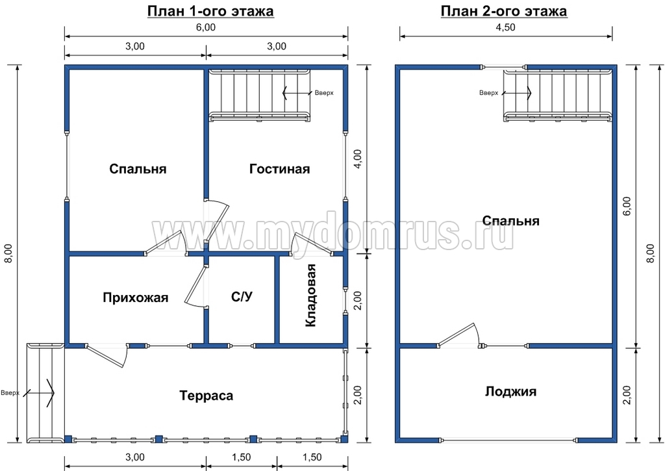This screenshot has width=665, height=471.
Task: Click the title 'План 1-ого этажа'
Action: coord(210,11)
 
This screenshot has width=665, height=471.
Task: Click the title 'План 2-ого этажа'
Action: coord(504,11)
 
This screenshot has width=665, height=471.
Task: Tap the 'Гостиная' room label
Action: coord(279,169)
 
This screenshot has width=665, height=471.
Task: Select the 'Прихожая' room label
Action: coord(135,298)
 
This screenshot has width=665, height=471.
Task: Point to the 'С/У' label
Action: coord(242,297)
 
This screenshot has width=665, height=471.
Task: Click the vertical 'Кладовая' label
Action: coord(311,296)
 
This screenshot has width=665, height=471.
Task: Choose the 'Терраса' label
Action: coord(206,396)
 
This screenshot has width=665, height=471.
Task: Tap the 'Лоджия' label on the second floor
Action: coord(510,391)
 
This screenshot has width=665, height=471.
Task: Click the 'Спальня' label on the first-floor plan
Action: coord(138,169)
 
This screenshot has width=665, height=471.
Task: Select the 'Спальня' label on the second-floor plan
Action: coord(510,221)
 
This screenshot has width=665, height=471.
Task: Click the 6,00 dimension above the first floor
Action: coord(206,27)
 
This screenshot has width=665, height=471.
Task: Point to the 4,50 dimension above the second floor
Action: coord(505,27)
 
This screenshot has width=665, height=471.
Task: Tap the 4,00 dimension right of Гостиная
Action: coord(358,159)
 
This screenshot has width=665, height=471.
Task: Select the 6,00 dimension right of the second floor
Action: coord(627,207)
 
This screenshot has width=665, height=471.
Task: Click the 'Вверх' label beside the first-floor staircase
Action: coord(324,93)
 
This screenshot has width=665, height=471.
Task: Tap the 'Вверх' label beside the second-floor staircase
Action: coord(488,93)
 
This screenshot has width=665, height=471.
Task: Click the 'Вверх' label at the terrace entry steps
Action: coord(10,393)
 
